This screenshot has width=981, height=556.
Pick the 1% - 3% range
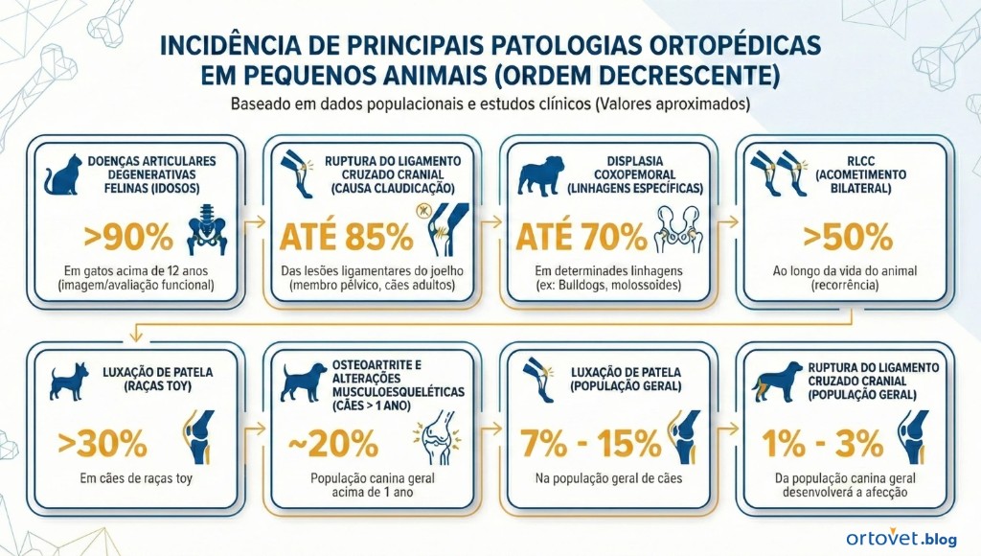[x=821, y=443]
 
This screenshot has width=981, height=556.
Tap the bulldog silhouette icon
[x=538, y=176]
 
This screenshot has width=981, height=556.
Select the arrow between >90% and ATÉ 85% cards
[x=253, y=222]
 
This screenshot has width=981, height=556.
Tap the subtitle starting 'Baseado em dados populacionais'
[x=490, y=103]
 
